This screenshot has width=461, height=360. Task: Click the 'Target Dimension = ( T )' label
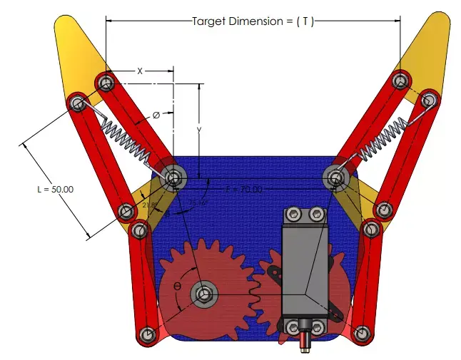[253, 21]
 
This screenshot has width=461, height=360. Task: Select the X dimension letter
[140, 71]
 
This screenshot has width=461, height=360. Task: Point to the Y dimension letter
[200, 130]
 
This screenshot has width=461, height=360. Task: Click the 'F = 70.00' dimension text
[244, 190]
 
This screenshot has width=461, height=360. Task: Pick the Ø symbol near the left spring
[156, 114]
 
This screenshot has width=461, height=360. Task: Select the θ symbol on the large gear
[177, 287]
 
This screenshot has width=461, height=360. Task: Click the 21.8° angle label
[149, 205]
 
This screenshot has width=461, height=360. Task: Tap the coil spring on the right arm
[383, 140]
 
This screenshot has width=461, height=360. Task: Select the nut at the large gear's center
[206, 292]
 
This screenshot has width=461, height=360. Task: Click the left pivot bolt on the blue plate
[173, 177]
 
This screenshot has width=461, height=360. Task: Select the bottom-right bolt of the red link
[362, 333]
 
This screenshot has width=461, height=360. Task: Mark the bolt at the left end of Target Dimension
[106, 83]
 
